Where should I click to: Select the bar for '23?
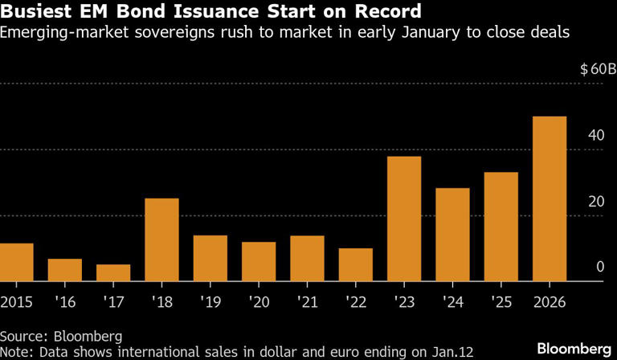[404, 219]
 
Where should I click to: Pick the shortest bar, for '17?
[113, 272]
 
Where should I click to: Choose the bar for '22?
[356, 264]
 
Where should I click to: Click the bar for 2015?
[16, 262]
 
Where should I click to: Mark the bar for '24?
[453, 235]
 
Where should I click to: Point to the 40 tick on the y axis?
[596, 136]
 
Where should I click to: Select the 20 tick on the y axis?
[596, 202]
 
